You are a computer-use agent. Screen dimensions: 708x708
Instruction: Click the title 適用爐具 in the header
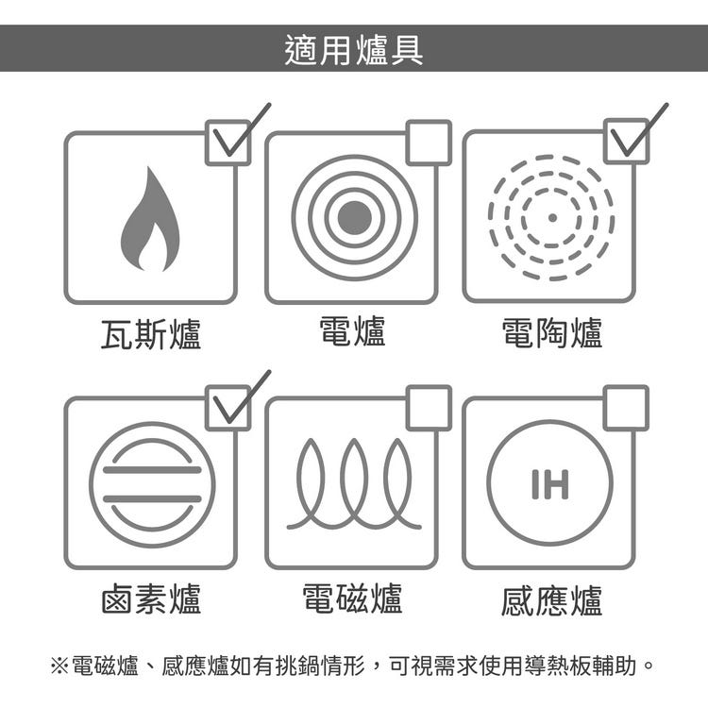[x=354, y=50]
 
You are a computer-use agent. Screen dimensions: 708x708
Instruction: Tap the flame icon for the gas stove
[x=150, y=219]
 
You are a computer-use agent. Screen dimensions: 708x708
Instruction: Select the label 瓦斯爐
[x=150, y=333]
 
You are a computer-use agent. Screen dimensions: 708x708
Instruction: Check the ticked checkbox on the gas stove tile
[x=228, y=143]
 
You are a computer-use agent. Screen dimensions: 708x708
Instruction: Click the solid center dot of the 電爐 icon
[x=354, y=218]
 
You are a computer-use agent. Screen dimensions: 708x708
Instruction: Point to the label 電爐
[x=352, y=331]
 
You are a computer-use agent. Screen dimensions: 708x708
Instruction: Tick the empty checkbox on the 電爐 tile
[x=429, y=143]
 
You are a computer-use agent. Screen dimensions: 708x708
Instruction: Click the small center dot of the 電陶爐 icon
[x=552, y=218]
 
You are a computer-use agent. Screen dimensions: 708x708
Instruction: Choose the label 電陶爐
[x=552, y=333]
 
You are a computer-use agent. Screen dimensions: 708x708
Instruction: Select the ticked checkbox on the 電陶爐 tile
[x=626, y=141]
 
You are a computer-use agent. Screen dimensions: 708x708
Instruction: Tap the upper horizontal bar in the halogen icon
[x=152, y=470]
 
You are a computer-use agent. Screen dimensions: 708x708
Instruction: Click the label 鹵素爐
[x=151, y=598]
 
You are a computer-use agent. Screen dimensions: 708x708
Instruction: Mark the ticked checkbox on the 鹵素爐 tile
[x=228, y=408]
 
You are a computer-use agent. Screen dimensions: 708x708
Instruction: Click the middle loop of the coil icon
[x=354, y=479]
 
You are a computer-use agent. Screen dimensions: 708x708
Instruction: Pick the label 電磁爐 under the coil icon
[x=352, y=598]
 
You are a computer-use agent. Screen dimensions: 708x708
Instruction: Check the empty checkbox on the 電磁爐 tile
[x=429, y=408]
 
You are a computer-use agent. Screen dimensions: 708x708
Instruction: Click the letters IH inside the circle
[x=550, y=484]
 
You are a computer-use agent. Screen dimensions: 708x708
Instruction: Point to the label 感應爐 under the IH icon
[x=552, y=600]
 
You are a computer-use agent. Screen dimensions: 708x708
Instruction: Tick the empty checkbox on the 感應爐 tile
[x=626, y=408]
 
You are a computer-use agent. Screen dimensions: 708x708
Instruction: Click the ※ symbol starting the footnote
[x=59, y=666]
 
